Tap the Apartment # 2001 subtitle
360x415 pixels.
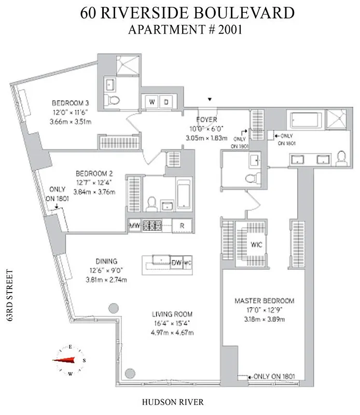185,30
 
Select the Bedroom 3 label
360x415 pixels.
70,103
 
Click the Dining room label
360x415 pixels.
106,261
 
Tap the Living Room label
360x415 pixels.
172,314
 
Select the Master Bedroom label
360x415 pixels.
264,301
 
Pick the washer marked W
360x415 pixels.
153,102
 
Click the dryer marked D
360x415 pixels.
166,102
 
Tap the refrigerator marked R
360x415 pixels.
182,226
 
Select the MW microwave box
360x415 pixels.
134,226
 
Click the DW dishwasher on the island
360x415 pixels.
175,262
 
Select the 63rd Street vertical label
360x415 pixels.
9,296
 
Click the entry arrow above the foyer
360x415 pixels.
210,99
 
